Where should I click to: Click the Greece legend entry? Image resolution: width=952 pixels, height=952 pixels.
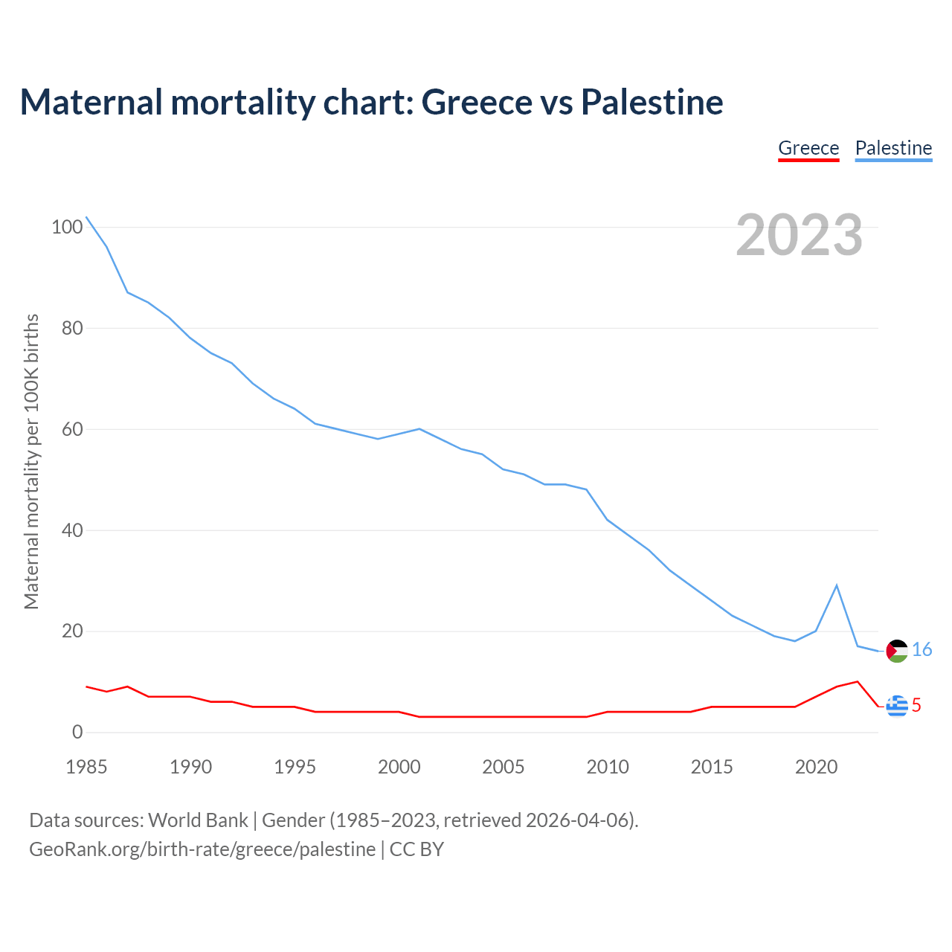808,148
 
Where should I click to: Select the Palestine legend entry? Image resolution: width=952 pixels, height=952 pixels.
893,148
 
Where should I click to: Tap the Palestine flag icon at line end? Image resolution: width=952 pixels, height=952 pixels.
897,651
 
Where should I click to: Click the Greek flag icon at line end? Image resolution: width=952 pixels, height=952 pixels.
897,705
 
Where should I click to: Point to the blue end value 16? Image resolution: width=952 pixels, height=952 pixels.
922,650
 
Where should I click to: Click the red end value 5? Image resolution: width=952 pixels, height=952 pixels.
916,705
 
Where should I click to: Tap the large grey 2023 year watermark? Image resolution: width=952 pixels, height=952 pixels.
800,235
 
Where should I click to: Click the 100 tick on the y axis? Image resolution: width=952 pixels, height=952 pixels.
67,227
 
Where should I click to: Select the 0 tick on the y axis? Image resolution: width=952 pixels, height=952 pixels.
77,733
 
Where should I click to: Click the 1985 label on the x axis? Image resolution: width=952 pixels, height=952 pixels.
86,767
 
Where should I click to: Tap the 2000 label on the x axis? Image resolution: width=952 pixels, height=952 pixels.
399,767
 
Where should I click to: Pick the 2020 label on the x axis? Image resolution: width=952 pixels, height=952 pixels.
816,767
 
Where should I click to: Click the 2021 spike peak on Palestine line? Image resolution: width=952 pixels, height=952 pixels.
837,585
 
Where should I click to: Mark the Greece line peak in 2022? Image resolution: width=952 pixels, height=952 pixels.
858,681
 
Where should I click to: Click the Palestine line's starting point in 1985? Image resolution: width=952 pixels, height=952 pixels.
86,217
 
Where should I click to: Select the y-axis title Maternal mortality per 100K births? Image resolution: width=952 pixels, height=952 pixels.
31,461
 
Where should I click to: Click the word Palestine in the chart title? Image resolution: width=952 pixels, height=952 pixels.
652,102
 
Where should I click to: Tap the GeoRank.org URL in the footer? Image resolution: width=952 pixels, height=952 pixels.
202,849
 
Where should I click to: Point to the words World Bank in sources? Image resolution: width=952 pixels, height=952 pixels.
198,820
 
